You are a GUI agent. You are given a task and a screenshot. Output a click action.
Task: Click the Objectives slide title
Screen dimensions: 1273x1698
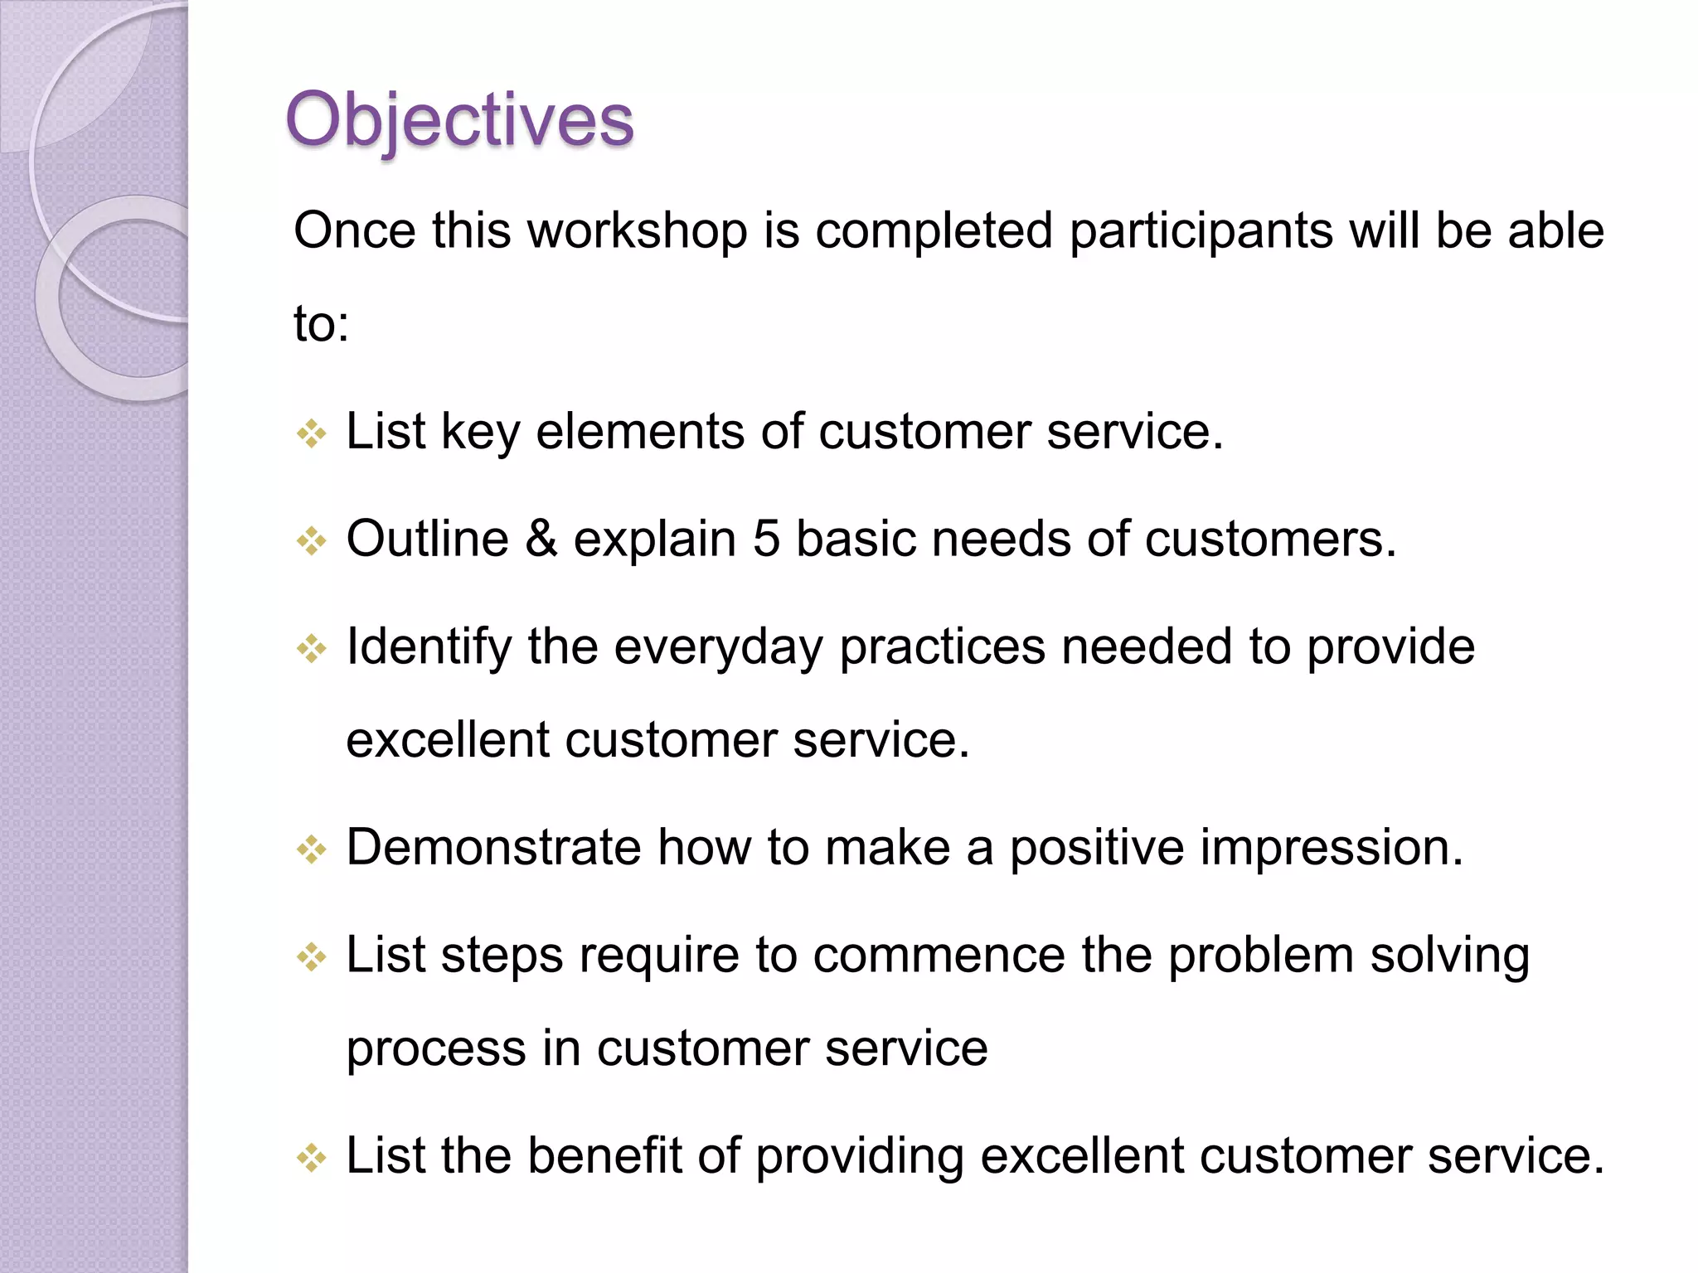(x=459, y=120)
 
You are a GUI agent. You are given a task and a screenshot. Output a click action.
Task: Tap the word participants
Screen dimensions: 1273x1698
(x=1201, y=232)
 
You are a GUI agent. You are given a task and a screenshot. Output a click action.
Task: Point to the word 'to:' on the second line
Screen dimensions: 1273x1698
(x=321, y=324)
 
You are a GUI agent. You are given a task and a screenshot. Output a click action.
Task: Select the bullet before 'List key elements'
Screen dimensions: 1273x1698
(x=312, y=433)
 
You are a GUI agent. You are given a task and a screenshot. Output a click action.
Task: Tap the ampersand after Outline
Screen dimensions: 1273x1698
(x=541, y=539)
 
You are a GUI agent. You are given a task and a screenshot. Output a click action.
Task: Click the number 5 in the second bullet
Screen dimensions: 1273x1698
(x=766, y=539)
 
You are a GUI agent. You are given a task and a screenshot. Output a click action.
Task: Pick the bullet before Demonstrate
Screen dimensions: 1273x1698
(x=312, y=849)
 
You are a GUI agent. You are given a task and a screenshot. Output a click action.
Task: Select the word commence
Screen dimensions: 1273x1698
(x=939, y=956)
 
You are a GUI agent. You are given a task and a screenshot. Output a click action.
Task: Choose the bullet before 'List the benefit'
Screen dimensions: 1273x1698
(x=312, y=1158)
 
